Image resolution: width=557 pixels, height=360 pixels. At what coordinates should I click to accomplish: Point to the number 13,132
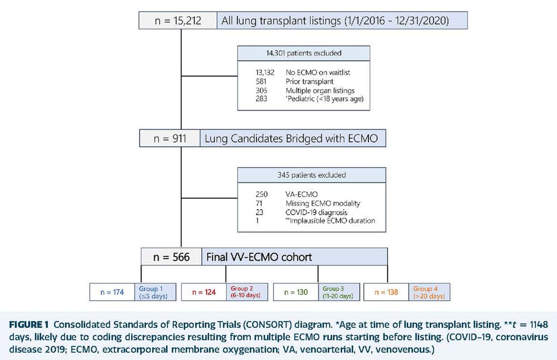point(258,73)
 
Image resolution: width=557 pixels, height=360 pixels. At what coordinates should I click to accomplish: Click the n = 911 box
point(170,138)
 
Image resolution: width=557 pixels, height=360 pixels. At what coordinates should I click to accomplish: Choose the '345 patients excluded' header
point(311,175)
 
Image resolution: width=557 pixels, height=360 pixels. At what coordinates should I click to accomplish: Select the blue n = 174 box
point(111,292)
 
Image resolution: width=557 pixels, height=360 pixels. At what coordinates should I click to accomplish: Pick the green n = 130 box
point(296,292)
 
